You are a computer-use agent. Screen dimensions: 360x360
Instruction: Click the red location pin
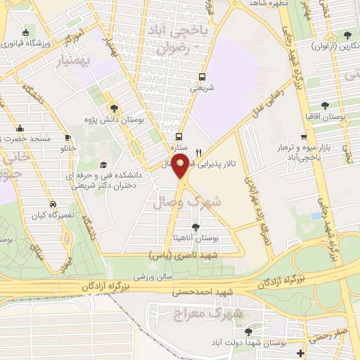click(x=181, y=166)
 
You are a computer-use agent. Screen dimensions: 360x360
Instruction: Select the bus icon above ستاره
click(x=179, y=137)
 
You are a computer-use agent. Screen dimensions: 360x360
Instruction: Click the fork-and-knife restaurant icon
click(x=199, y=152)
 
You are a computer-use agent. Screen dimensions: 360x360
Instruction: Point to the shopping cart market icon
click(x=303, y=138)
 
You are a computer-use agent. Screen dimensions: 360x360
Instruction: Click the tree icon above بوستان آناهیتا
click(x=195, y=227)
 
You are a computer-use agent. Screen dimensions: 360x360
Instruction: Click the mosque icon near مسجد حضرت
click(x=20, y=129)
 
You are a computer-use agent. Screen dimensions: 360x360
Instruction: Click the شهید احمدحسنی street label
click(x=205, y=291)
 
